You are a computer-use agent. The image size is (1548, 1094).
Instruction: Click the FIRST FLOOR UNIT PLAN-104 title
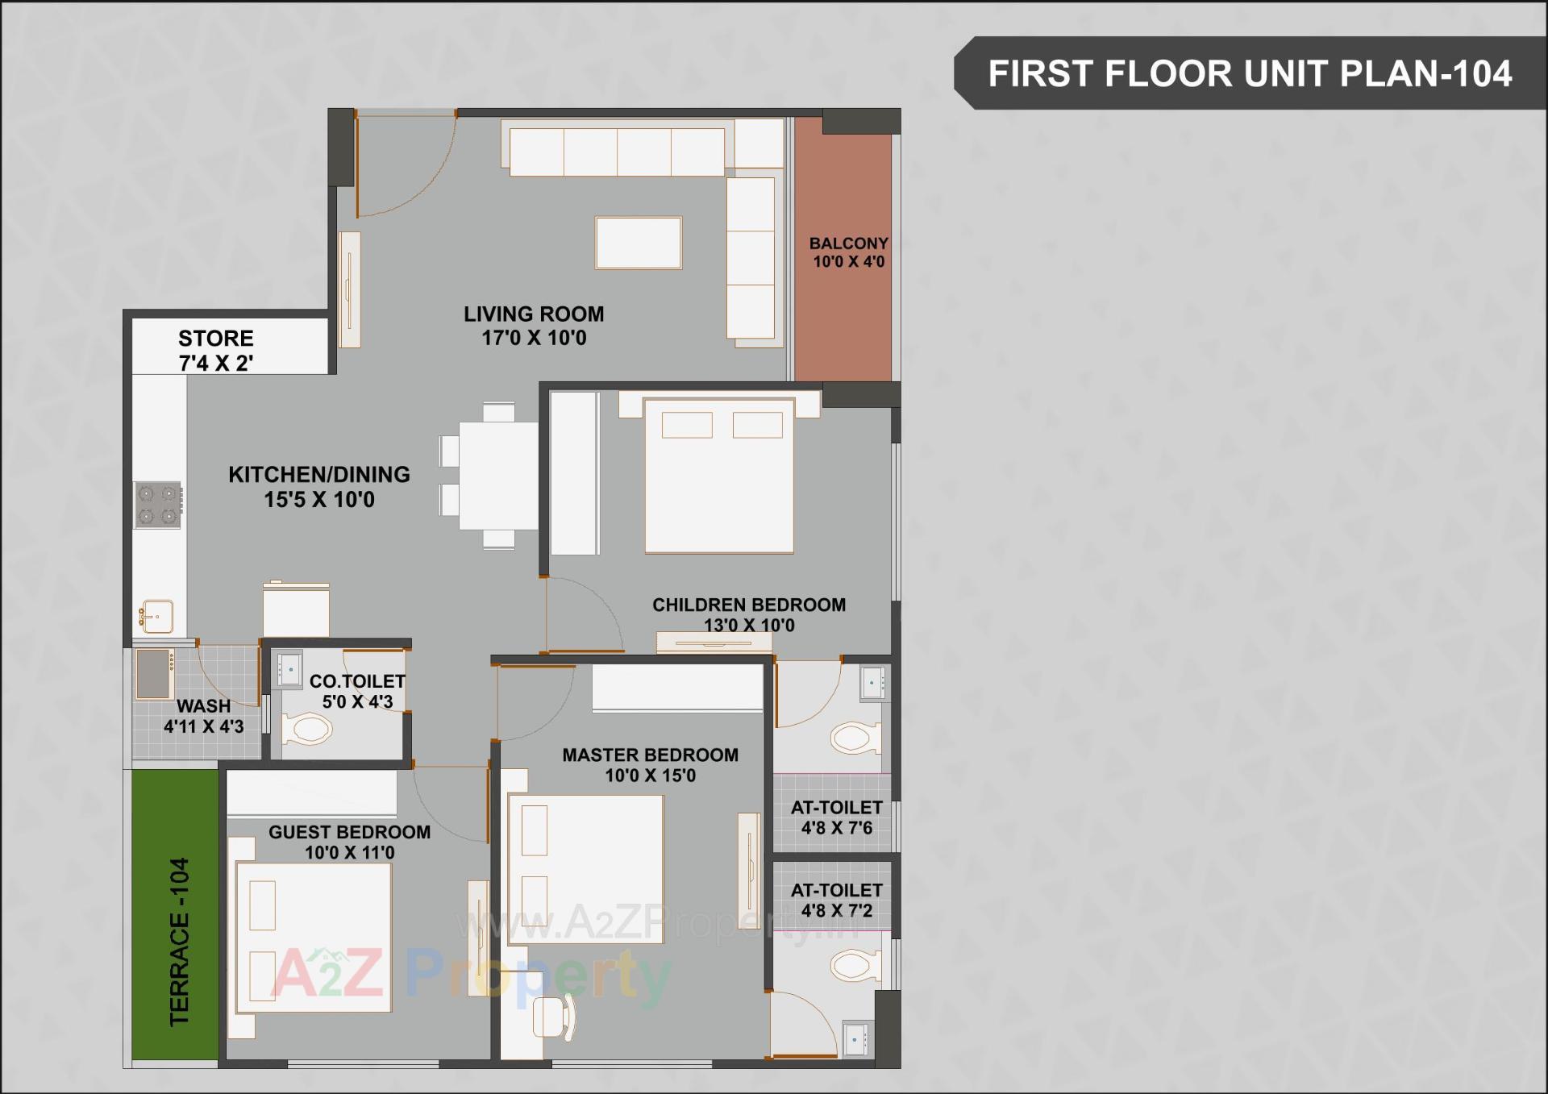point(1249,73)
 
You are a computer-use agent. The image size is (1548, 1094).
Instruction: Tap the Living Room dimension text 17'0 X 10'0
point(534,338)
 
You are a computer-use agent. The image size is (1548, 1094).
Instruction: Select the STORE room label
point(215,338)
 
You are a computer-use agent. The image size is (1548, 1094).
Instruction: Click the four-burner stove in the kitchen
point(157,505)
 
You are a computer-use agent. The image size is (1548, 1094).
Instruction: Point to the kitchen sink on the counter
point(156,616)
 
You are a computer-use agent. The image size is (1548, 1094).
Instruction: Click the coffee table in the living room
point(638,243)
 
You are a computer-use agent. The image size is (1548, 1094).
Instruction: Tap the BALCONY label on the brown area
point(848,243)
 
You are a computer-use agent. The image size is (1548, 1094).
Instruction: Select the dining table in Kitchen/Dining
point(497,476)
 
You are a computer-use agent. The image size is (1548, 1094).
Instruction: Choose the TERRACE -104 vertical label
point(179,941)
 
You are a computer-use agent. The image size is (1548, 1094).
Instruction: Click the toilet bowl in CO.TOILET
point(307,730)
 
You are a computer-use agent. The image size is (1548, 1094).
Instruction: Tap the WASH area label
point(203,705)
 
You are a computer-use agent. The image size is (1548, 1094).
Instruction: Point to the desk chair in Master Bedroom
point(552,1017)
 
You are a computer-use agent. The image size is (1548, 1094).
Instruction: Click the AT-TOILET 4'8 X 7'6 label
point(836,817)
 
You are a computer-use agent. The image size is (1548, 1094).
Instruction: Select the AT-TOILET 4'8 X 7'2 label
point(836,900)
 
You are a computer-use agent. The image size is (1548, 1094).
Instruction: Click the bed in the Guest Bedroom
point(313,938)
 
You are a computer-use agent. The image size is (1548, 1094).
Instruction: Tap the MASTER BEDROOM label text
point(650,755)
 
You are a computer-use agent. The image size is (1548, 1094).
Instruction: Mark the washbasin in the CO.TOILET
point(289,668)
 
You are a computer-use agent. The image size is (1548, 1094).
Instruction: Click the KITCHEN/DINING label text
point(318,474)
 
